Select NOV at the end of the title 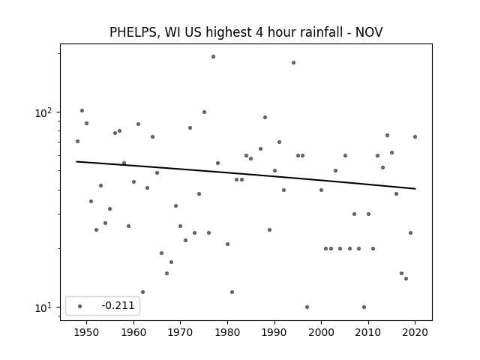tap(369, 32)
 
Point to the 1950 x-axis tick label tap(87, 332)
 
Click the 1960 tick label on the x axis tap(133, 332)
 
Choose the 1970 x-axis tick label tap(180, 332)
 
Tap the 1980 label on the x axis tap(227, 332)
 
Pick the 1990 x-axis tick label tap(274, 332)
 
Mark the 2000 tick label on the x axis tap(322, 332)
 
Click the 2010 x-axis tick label tap(368, 332)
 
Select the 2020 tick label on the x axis tap(415, 332)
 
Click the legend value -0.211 tap(118, 305)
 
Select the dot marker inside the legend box tap(80, 306)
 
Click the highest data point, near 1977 tap(213, 57)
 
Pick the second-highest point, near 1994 tap(293, 63)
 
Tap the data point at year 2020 tap(415, 136)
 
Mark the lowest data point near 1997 tap(307, 307)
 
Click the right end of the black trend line tap(415, 188)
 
